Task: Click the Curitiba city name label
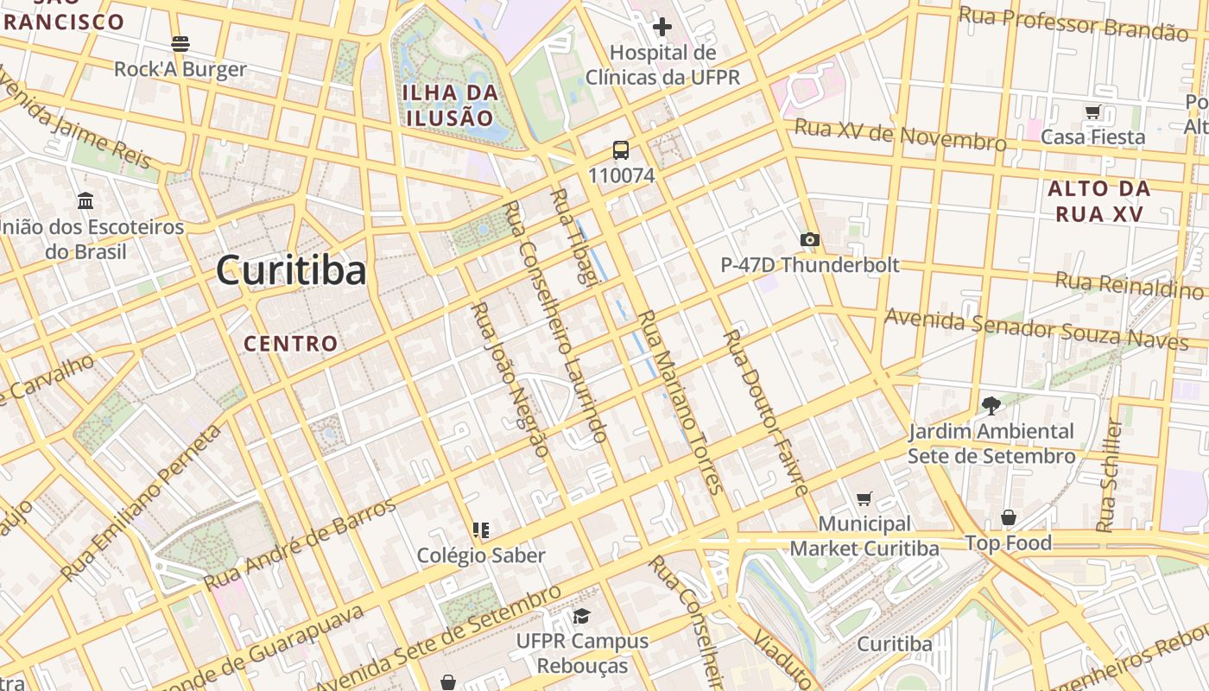tap(291, 270)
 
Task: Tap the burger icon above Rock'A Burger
tap(180, 43)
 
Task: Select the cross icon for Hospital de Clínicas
tap(662, 28)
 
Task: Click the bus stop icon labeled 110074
tap(621, 150)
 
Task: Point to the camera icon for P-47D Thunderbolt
tap(809, 240)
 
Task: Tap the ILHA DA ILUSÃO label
tap(450, 105)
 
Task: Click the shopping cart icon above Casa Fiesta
tap(1092, 112)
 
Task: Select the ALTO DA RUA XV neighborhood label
tap(1099, 201)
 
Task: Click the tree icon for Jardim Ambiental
tap(991, 404)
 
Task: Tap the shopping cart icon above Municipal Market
tap(864, 498)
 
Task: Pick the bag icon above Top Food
tap(1008, 517)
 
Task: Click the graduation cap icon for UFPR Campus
tap(582, 616)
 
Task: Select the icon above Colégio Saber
tap(481, 529)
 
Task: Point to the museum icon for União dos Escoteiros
tap(85, 201)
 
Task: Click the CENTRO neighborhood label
tap(290, 344)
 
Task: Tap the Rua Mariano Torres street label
tap(680, 402)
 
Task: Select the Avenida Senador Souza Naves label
tap(1035, 329)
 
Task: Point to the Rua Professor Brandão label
tap(1073, 23)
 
